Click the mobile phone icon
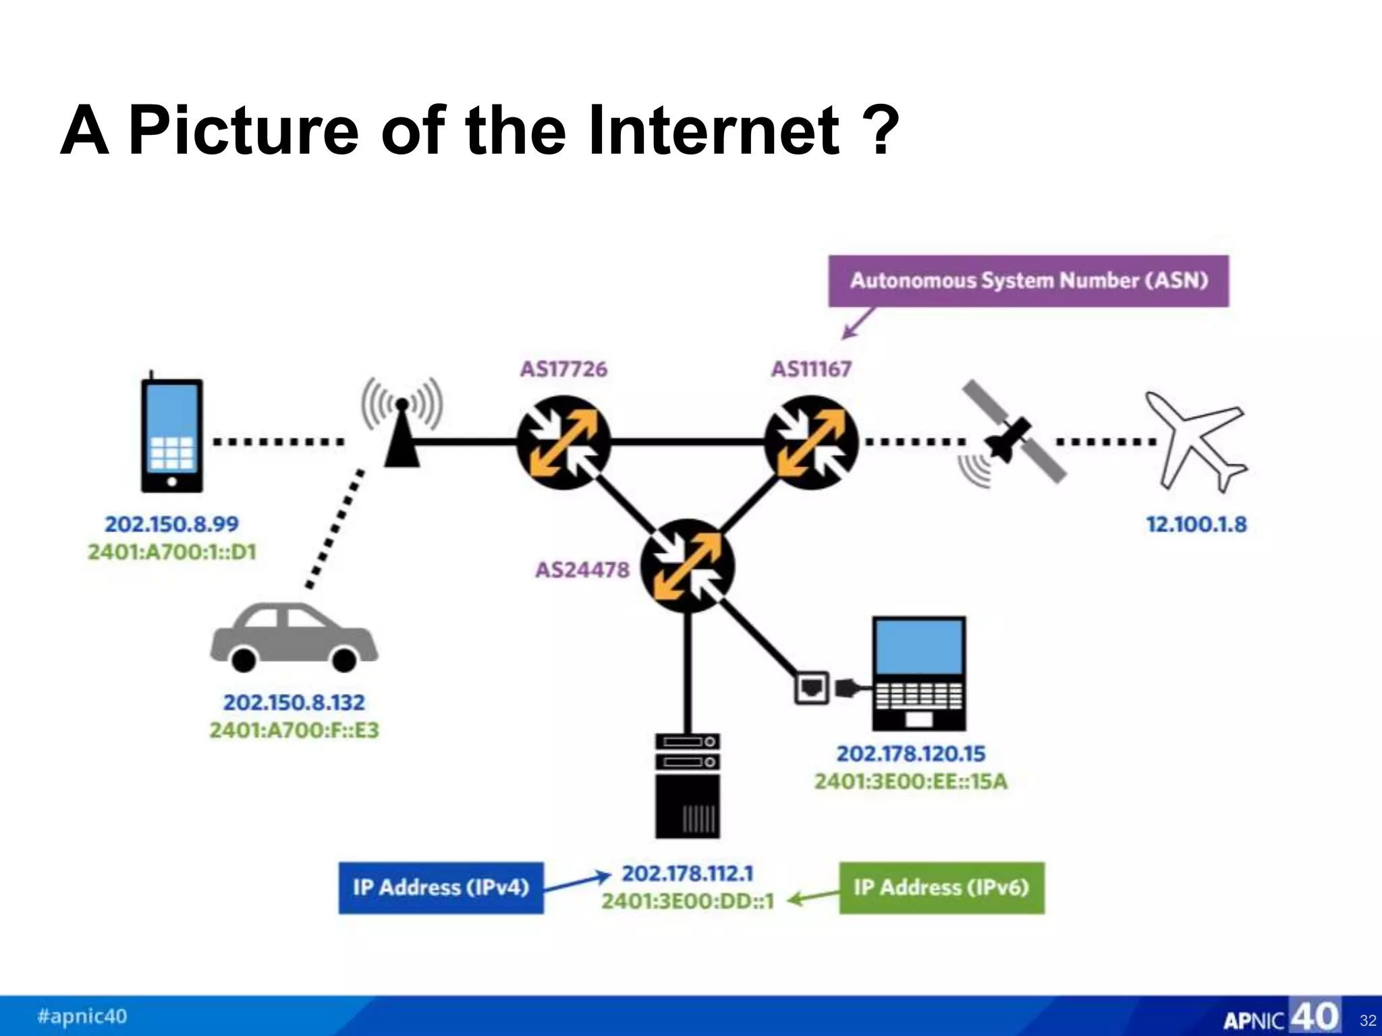point(171,435)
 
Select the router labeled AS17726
point(563,442)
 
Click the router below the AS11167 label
point(811,442)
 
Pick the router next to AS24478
point(687,565)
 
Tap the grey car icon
point(294,638)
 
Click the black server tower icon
point(688,786)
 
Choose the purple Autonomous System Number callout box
point(1028,281)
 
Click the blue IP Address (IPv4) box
point(441,888)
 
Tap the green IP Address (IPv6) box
point(941,888)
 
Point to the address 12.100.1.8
point(1196,524)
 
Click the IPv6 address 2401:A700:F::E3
point(294,730)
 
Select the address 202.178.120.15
point(911,753)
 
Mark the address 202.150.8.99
point(171,524)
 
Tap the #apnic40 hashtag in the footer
point(82,1016)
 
